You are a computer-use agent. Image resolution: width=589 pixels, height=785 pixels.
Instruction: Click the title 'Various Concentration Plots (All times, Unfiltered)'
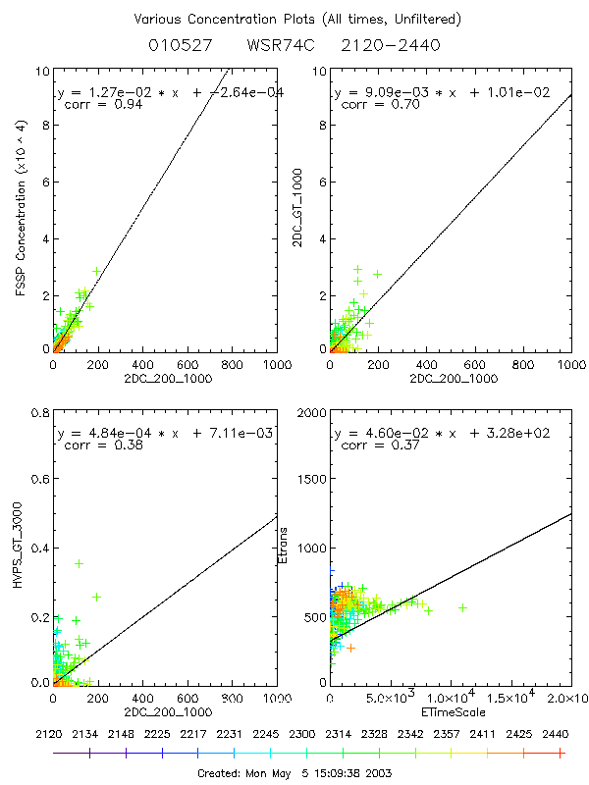pyautogui.click(x=295, y=19)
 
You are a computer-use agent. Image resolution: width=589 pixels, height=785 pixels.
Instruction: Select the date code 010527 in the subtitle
pyautogui.click(x=177, y=45)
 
